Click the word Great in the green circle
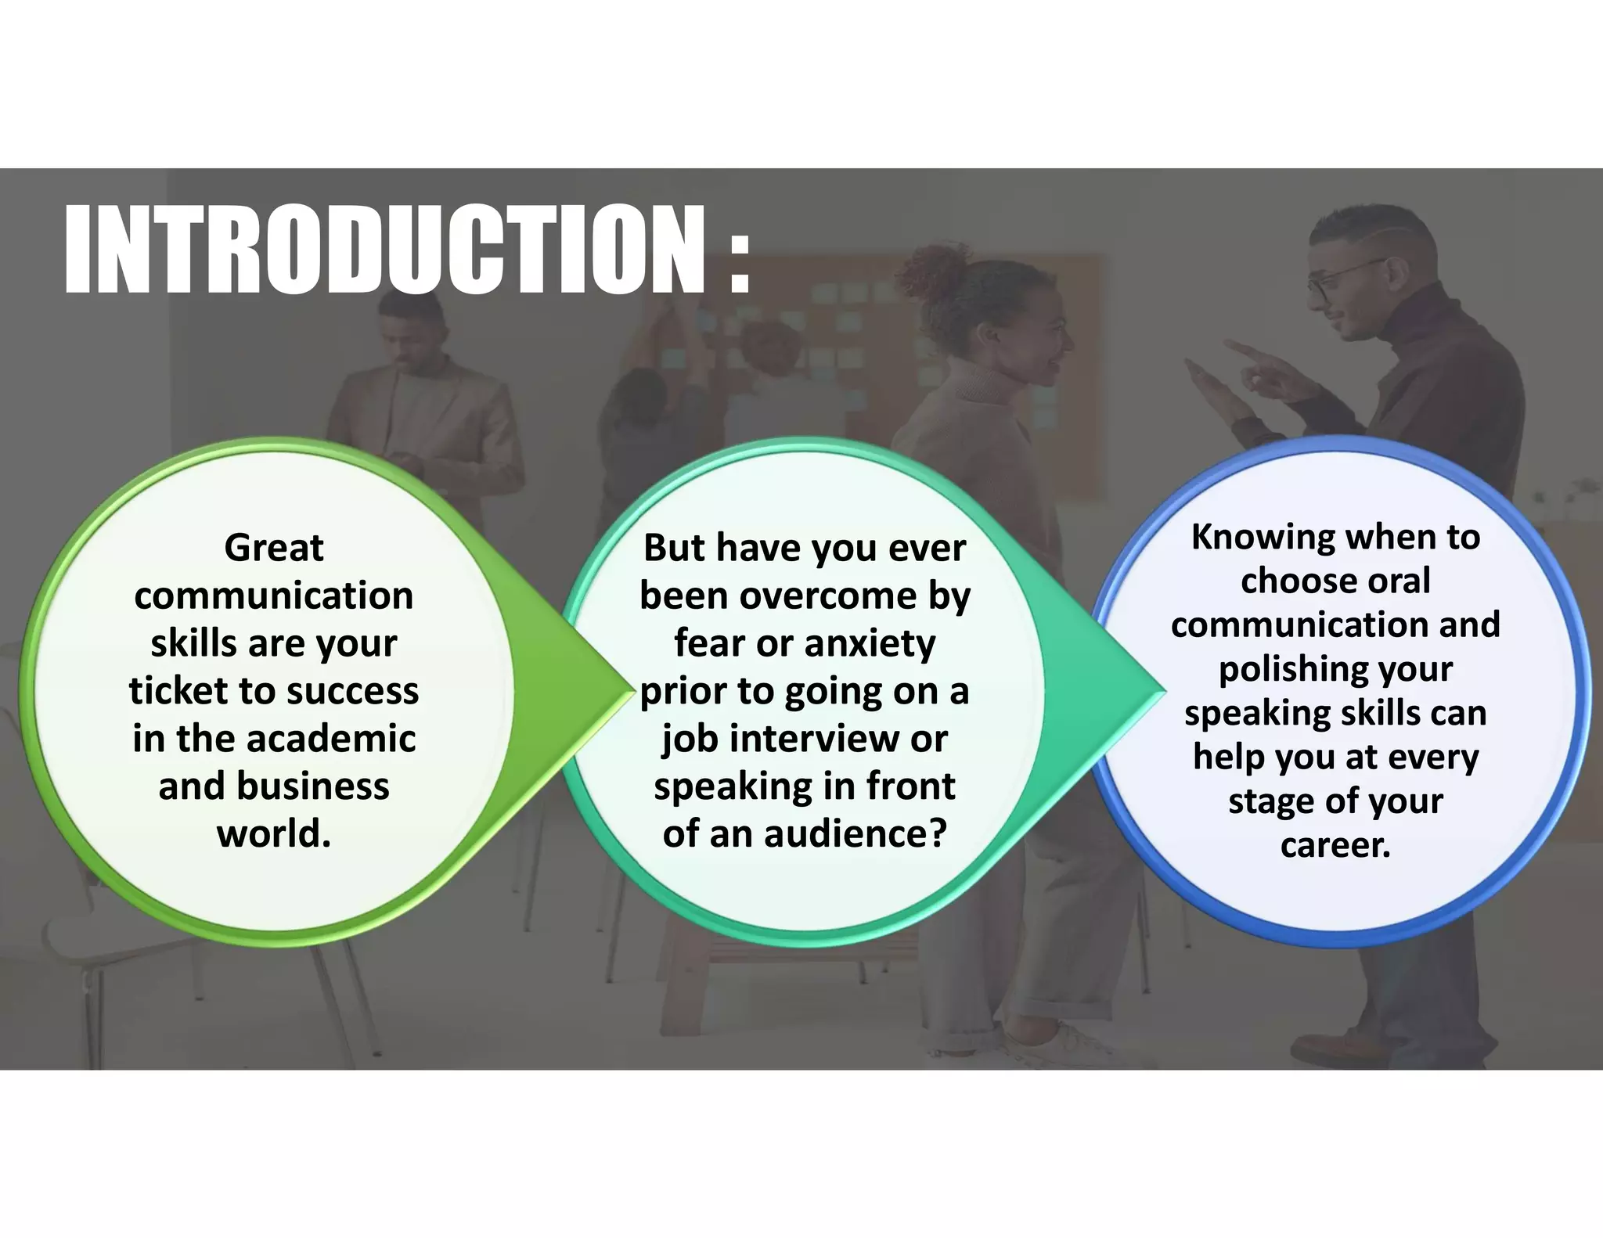click(x=273, y=548)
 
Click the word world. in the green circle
click(x=273, y=834)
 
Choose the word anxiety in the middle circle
click(x=870, y=643)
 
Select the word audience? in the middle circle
click(x=856, y=834)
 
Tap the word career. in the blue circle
click(x=1335, y=845)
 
